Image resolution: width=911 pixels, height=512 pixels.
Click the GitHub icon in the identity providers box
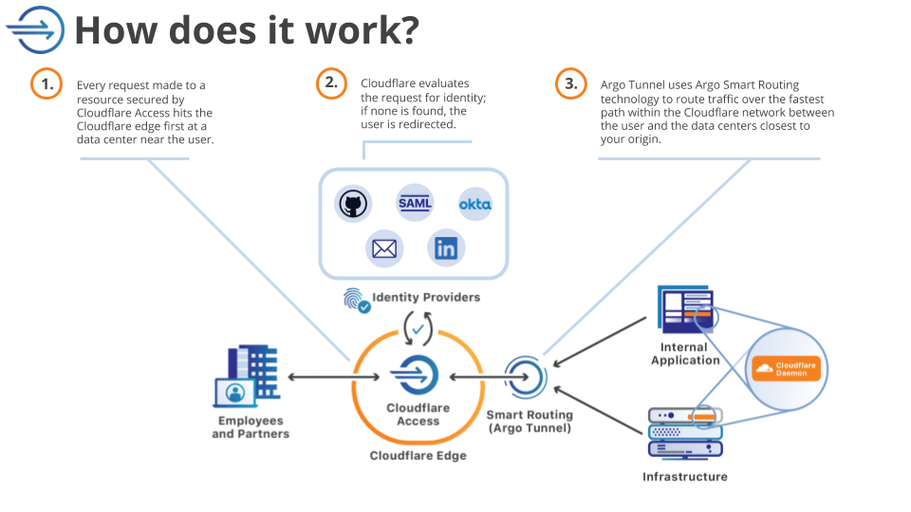[352, 203]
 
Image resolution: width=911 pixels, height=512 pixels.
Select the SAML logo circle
[415, 203]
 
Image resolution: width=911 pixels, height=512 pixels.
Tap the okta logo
[474, 204]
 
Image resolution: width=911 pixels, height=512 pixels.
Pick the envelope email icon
[384, 248]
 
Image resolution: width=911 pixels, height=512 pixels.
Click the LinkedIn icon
[445, 248]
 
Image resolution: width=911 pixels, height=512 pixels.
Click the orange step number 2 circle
[330, 82]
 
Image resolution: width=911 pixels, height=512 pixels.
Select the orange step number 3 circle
[570, 83]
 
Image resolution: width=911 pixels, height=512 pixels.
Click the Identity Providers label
[426, 297]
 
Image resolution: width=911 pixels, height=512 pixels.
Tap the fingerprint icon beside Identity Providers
[355, 301]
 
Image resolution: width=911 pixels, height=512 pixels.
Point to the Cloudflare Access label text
[418, 414]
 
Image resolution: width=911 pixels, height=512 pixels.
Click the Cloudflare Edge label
[418, 455]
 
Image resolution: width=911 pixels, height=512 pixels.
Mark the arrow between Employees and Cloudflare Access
[320, 377]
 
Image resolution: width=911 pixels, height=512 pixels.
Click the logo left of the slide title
[35, 29]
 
